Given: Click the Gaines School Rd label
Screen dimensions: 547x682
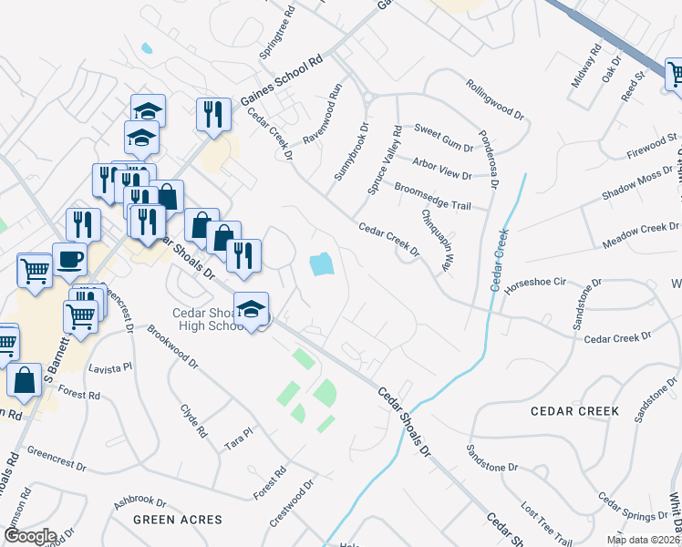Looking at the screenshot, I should click(x=283, y=82).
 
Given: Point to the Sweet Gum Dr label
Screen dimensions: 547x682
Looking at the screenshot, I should click(x=444, y=139).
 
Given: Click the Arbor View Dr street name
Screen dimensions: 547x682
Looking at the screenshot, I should click(x=442, y=169).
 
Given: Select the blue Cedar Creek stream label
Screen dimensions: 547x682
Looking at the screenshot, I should click(x=501, y=260).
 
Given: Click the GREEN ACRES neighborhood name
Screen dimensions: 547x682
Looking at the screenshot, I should click(x=177, y=520).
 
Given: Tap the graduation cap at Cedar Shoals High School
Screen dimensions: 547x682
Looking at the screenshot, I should click(x=251, y=310).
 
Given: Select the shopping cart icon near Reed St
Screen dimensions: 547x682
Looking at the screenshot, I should click(x=676, y=73).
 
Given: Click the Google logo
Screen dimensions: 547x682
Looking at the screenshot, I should click(x=29, y=535).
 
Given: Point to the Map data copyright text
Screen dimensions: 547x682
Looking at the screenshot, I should click(x=643, y=540).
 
